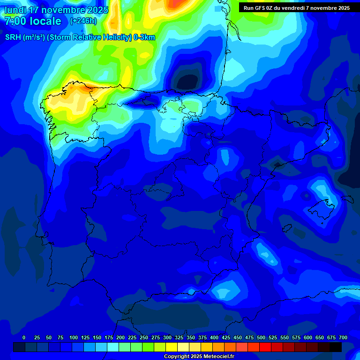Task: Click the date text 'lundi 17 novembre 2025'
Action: (56, 10)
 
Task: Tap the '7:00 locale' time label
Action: (33, 21)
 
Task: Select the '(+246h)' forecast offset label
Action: (83, 21)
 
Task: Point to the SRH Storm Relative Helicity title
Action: (80, 37)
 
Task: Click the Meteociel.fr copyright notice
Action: (199, 356)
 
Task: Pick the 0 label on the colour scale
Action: (24, 337)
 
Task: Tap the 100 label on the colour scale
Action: (74, 337)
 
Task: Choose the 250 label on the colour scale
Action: (144, 337)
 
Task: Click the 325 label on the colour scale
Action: (179, 337)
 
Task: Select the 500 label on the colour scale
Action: (261, 337)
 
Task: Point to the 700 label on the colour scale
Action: (343, 337)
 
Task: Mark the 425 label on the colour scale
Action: (226, 337)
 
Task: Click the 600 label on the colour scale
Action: (308, 337)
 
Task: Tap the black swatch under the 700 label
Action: (336, 347)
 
